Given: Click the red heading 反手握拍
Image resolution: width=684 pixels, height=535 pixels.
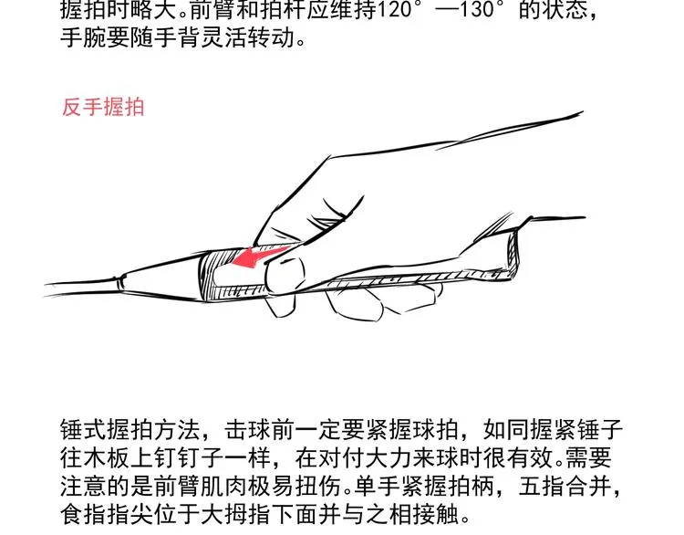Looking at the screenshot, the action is pos(103,108).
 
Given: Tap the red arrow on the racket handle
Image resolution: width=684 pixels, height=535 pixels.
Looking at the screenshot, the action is pos(261,257).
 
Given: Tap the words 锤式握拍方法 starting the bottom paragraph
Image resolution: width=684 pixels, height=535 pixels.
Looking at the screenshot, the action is pos(130,430).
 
